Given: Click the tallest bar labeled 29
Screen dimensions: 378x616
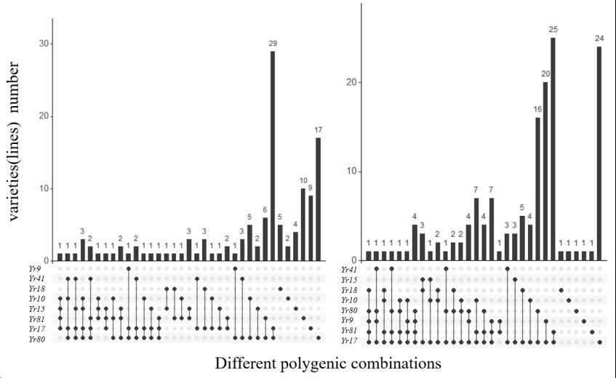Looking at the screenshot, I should coord(273,156).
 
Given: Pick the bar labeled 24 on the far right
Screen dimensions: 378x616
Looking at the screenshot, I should coord(599,153).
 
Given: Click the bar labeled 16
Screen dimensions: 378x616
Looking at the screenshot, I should coord(537,189).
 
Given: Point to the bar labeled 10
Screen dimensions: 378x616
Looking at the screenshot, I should coord(303,225).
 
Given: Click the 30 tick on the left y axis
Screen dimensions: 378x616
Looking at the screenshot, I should coord(44,44).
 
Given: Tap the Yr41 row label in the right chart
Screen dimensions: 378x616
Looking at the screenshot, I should coord(349,270).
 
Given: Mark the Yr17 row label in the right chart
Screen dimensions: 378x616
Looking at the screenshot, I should coord(349,342).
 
